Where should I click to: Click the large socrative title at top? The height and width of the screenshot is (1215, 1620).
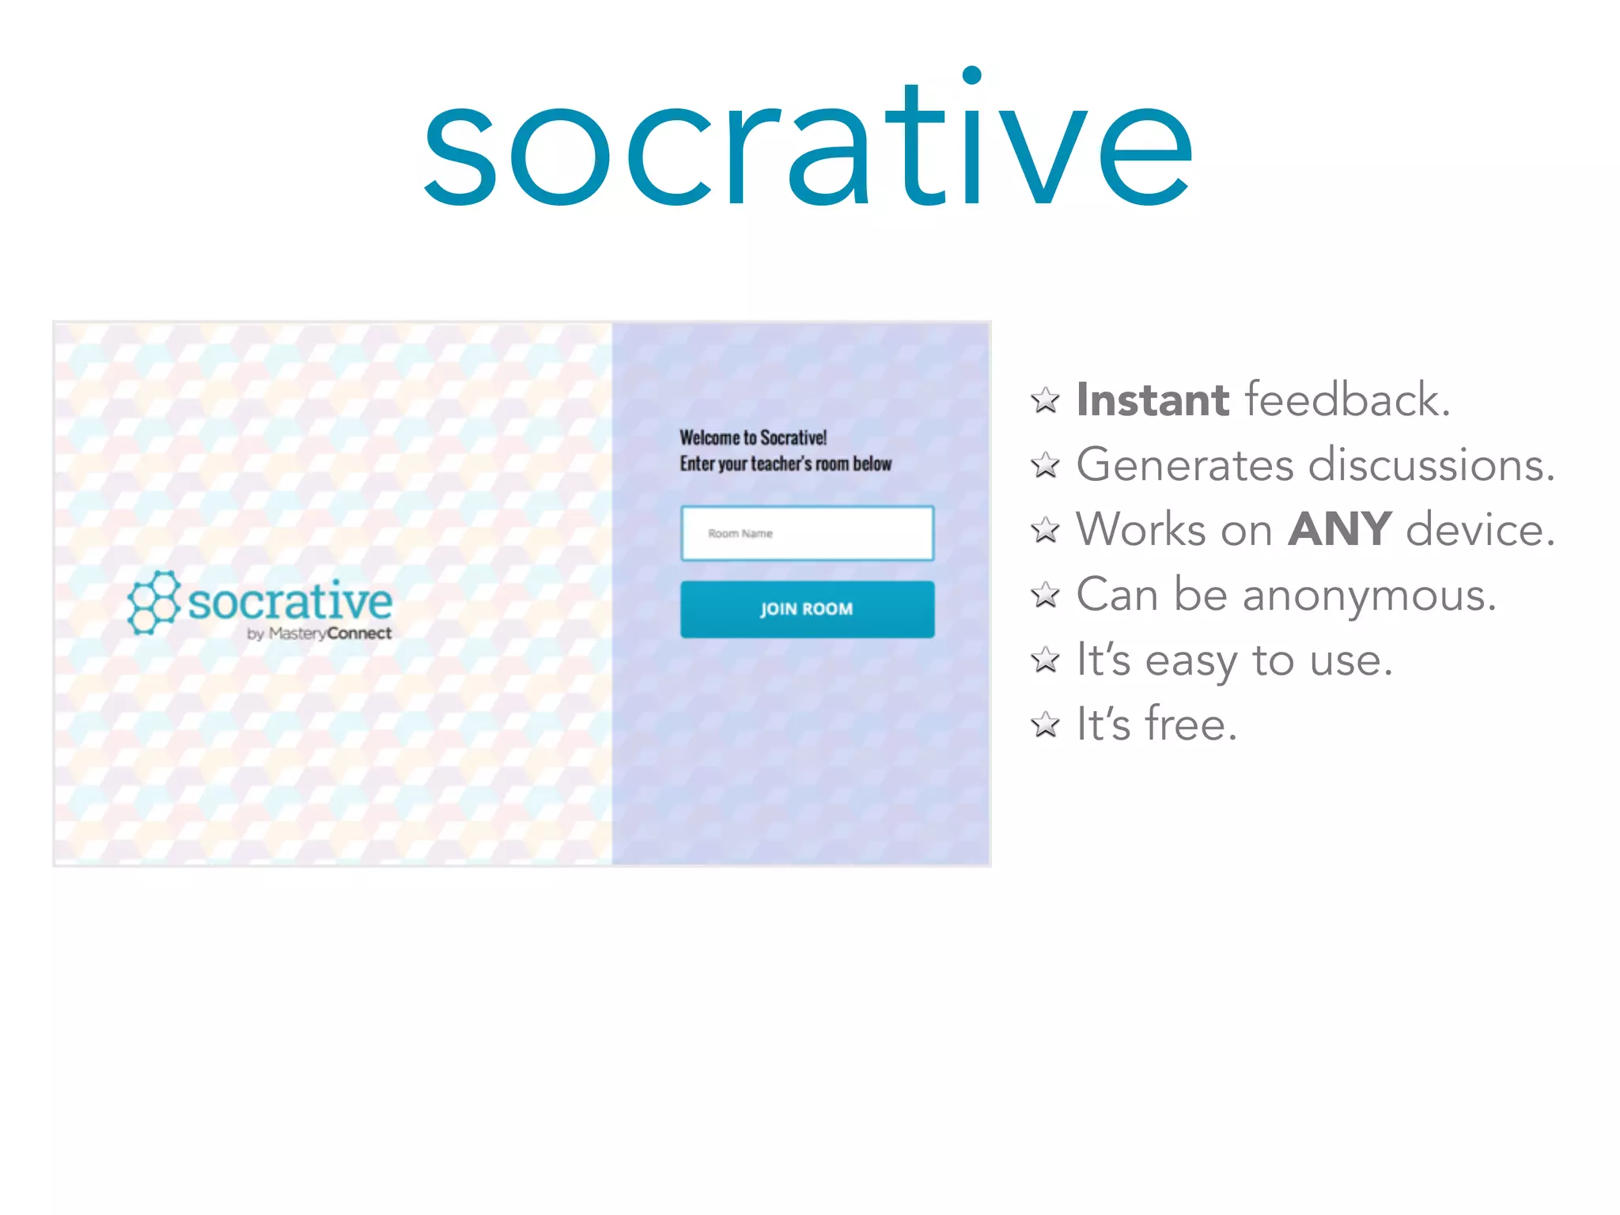tap(808, 142)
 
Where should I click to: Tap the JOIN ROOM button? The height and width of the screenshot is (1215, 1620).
tap(807, 609)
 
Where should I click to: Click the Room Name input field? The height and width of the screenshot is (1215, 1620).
tap(807, 533)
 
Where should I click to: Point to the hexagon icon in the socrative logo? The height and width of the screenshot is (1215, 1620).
tap(153, 602)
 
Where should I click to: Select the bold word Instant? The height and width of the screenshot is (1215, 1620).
tap(1153, 399)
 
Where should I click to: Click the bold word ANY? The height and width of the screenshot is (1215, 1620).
tap(1339, 529)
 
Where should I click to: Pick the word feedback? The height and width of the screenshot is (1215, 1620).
tap(1347, 399)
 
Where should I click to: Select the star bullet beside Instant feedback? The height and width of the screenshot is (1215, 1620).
tap(1045, 400)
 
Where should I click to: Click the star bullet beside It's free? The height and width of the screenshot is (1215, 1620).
tap(1045, 724)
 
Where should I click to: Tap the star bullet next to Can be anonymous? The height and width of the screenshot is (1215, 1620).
tap(1045, 594)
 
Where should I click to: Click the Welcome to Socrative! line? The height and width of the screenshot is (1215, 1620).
tap(753, 437)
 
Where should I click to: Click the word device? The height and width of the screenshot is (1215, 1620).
tap(1479, 529)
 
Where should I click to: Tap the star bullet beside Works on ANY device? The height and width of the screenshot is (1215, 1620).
tap(1045, 529)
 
